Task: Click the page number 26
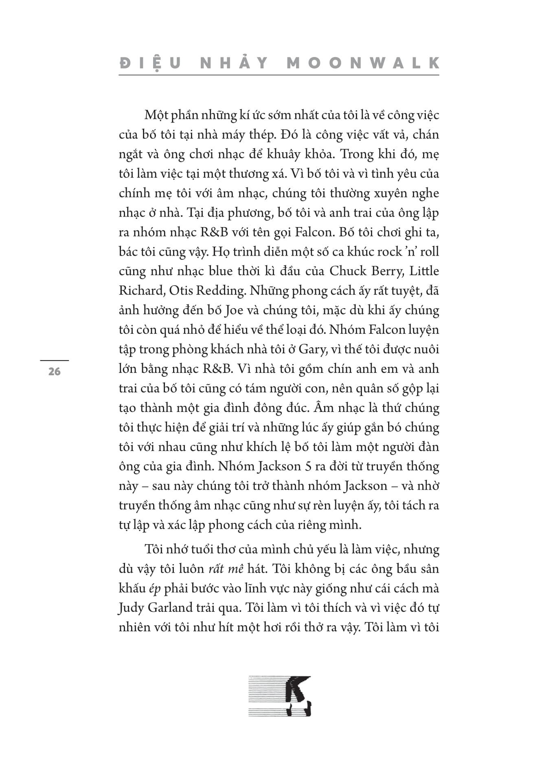click(54, 371)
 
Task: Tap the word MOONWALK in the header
click(363, 63)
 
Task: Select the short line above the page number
click(54, 360)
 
